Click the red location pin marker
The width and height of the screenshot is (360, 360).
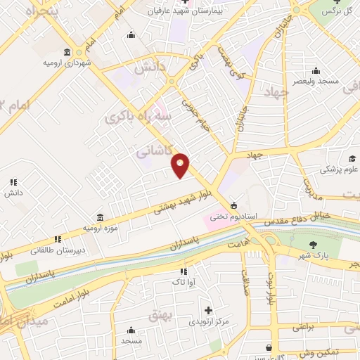181,165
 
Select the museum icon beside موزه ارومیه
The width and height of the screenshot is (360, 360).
99,217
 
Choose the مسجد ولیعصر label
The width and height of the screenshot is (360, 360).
316,81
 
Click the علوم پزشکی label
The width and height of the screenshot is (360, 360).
339,169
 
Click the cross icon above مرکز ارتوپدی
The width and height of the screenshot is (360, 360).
208,310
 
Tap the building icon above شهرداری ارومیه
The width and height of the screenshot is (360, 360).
67,52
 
